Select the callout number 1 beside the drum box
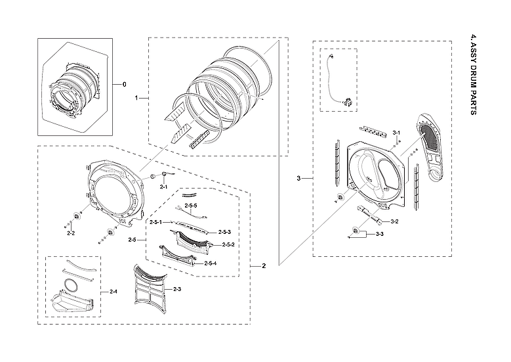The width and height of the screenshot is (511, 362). (x=136, y=98)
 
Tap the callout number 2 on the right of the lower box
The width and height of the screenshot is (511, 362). (x=264, y=266)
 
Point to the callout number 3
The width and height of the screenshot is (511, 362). (x=299, y=179)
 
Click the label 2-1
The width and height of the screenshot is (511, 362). (x=164, y=188)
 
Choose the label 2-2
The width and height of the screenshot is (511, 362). (x=70, y=233)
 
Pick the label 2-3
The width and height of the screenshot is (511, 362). (x=177, y=290)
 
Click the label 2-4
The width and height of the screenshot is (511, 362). (x=113, y=291)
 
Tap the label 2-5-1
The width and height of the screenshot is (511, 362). (x=156, y=223)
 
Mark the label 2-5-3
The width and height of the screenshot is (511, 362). (x=224, y=232)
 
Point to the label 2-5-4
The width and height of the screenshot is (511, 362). (x=211, y=263)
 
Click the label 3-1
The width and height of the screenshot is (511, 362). (x=396, y=133)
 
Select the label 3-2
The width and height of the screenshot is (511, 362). (x=395, y=221)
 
